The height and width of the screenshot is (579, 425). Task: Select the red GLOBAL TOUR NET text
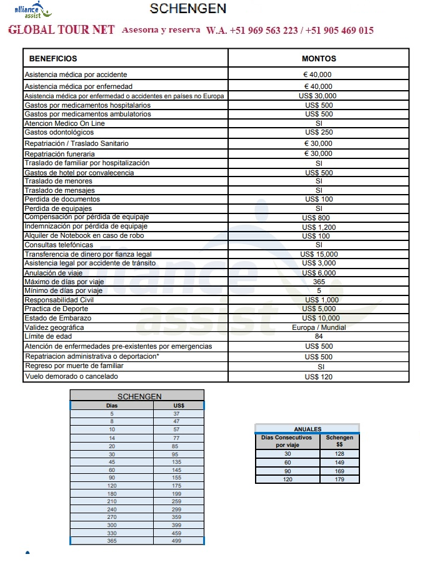click(x=61, y=31)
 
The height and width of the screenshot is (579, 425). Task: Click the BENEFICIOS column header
click(x=53, y=59)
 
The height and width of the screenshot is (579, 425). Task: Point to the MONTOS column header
click(x=319, y=59)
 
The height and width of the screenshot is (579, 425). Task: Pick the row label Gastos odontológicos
click(x=59, y=133)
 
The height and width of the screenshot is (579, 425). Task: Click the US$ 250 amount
click(x=319, y=133)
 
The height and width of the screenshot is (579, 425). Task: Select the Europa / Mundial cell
click(x=319, y=327)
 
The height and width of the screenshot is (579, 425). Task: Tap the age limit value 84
click(x=319, y=337)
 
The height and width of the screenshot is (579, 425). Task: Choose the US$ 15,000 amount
click(x=319, y=254)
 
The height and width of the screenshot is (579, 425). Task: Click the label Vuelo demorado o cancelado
click(x=71, y=377)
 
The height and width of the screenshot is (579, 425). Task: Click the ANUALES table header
click(x=307, y=429)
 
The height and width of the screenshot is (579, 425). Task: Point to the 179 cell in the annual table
click(x=339, y=479)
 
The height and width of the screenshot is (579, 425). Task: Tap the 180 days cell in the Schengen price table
click(x=112, y=494)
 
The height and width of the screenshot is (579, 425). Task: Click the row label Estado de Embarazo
click(x=57, y=319)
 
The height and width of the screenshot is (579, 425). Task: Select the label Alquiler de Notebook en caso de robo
click(x=84, y=236)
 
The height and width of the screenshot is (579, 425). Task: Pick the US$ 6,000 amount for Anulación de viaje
click(x=319, y=273)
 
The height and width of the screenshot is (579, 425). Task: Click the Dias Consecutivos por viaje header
click(x=287, y=441)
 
